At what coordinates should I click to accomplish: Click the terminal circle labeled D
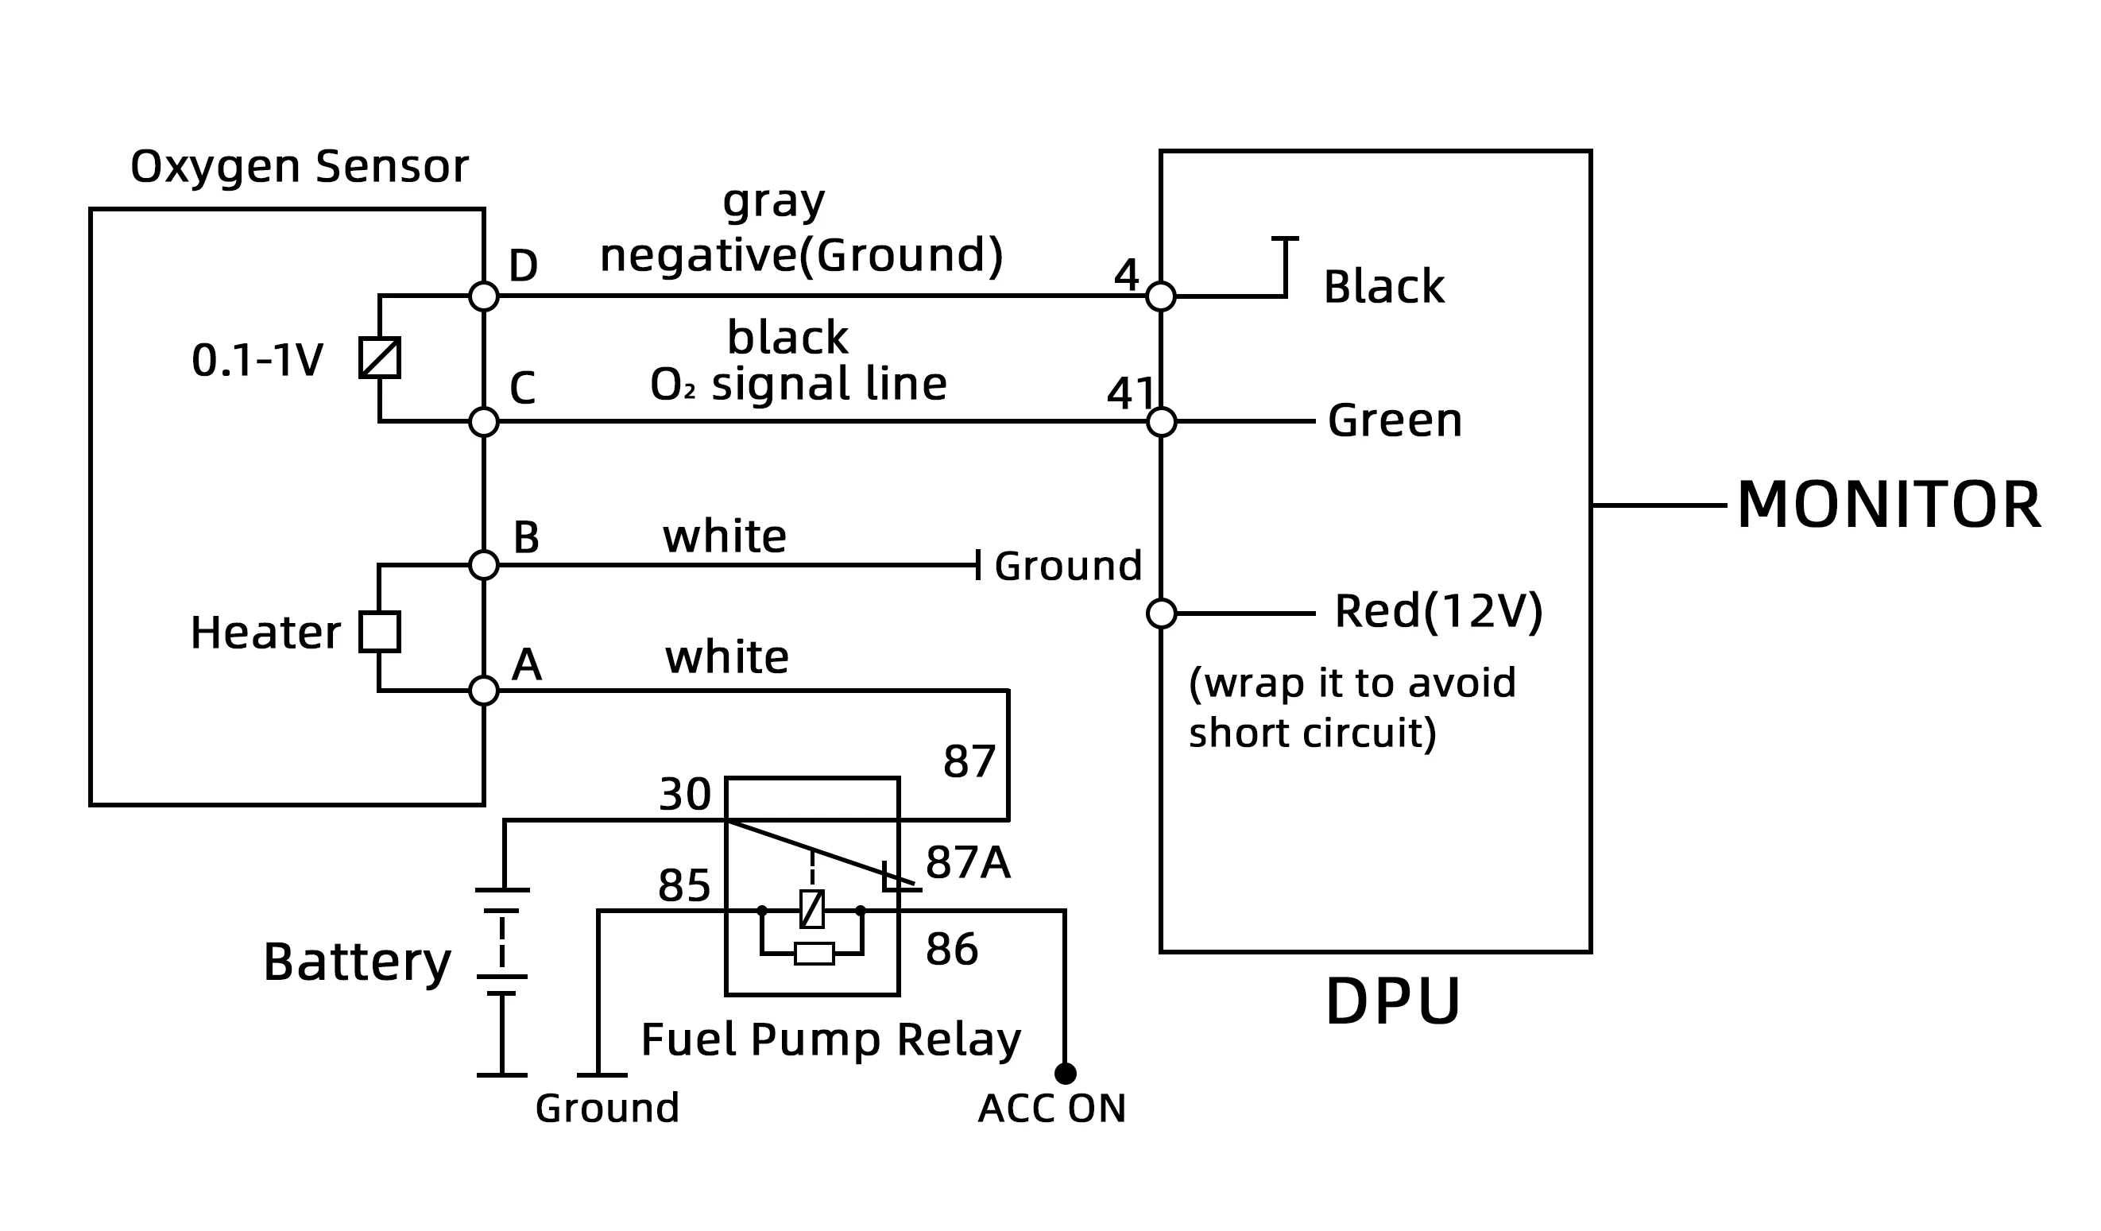coord(484,296)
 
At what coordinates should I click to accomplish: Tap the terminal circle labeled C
coord(484,422)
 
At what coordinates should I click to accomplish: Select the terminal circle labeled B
coord(484,564)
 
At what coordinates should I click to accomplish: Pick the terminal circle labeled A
coord(484,691)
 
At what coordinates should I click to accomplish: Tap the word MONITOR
coord(1888,505)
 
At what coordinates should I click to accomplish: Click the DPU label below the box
coord(1392,1001)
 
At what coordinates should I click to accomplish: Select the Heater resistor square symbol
coord(379,631)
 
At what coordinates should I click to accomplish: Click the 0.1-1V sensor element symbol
coord(379,358)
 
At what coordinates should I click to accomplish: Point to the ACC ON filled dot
coord(1066,1074)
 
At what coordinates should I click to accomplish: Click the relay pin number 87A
coord(967,862)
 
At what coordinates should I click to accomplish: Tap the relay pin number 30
coord(684,794)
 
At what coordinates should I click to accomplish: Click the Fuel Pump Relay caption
coord(830,1039)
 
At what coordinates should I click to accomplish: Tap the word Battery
coord(357,962)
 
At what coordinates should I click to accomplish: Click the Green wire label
coord(1395,420)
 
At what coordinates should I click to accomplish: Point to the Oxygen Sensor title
coord(300,167)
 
